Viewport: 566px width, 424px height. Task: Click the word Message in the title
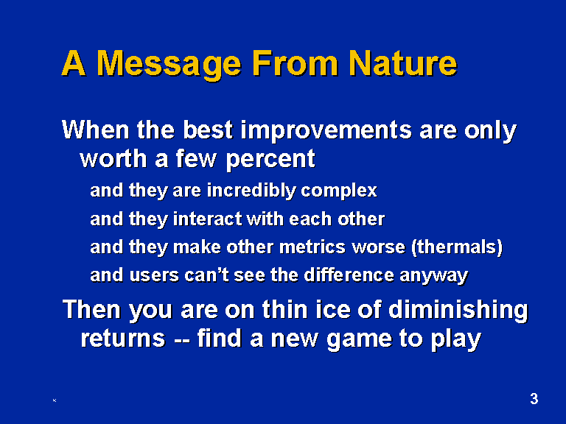169,64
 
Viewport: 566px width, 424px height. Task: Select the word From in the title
295,63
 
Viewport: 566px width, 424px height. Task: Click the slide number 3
534,399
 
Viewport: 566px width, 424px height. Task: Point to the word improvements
326,130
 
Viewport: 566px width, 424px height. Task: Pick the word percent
270,160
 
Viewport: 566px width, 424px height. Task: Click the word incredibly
251,191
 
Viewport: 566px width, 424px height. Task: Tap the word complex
339,191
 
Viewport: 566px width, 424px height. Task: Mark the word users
154,275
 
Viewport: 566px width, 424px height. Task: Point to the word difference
349,275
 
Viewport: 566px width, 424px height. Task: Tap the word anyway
433,277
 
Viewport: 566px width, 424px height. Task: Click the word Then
91,310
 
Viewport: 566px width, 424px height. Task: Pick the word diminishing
458,311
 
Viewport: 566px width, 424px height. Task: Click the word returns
123,339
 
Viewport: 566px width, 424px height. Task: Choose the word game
360,341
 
